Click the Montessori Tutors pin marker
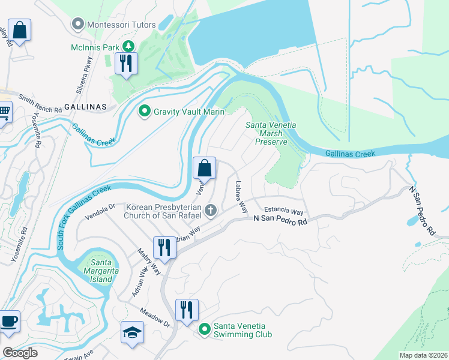point(77,25)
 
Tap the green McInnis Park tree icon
point(127,46)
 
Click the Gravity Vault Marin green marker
point(144,112)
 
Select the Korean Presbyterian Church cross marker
point(210,210)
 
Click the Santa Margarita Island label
point(98,270)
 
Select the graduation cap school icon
point(132,332)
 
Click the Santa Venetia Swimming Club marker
point(205,329)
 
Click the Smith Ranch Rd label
point(40,103)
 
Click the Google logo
point(19,353)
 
